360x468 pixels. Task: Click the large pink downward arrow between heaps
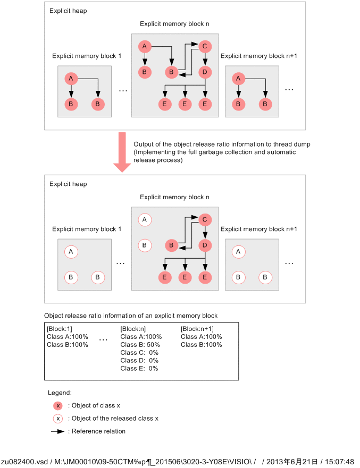point(122,152)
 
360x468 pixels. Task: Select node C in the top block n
point(205,46)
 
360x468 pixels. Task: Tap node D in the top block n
point(205,72)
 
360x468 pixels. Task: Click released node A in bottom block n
point(144,219)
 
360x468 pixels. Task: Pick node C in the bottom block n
point(205,219)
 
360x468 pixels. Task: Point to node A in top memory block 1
point(71,79)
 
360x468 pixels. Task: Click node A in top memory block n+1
point(238,79)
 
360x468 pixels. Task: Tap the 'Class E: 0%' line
point(139,368)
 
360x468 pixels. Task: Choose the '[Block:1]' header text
point(59,329)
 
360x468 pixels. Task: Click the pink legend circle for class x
point(58,406)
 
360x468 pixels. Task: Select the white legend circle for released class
point(58,419)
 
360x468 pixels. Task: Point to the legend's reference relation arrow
point(58,431)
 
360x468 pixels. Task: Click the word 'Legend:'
point(60,393)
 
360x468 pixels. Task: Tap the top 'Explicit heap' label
point(68,11)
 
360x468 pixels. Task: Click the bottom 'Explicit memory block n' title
point(174,197)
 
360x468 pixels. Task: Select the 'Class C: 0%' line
point(139,353)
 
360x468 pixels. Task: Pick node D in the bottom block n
point(205,245)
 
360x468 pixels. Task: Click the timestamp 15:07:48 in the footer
point(339,462)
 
